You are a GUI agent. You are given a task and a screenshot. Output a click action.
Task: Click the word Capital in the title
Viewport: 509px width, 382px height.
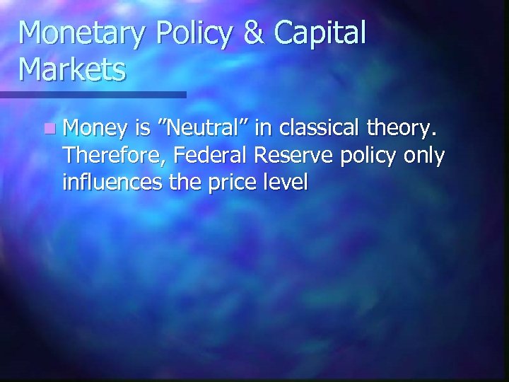[323, 34]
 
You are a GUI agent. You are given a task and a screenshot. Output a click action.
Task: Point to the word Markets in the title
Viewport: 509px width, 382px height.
[74, 70]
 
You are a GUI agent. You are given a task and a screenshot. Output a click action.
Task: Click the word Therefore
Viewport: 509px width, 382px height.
[106, 156]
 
